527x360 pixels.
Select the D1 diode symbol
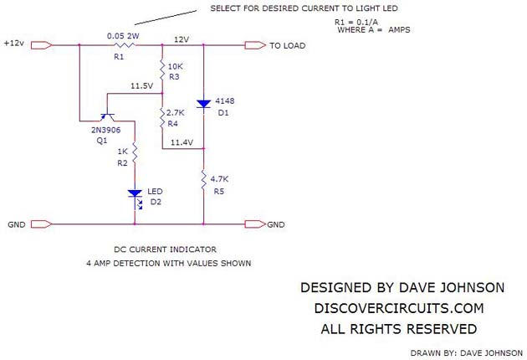click(x=203, y=104)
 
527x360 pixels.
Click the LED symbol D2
click(x=135, y=195)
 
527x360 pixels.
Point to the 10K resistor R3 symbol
click(x=162, y=67)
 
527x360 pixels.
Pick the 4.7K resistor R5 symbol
click(x=203, y=177)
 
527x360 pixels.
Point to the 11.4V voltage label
click(x=182, y=143)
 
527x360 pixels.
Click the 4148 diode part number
click(x=225, y=100)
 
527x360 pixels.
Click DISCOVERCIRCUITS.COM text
click(x=397, y=308)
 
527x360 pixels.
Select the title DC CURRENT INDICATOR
click(x=165, y=249)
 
